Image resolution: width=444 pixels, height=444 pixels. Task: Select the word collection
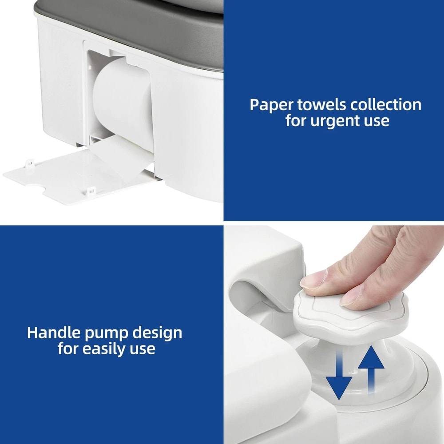point(386,105)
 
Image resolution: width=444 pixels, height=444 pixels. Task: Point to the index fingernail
point(313,280)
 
